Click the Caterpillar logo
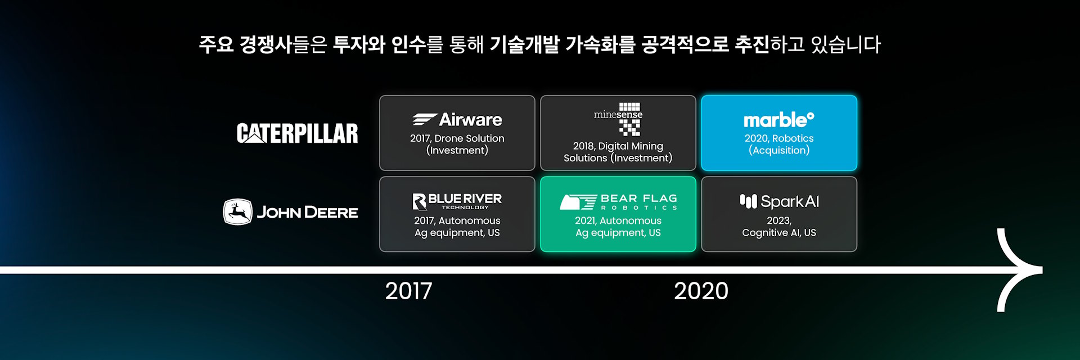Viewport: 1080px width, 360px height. (297, 133)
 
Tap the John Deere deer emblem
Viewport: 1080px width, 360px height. (237, 212)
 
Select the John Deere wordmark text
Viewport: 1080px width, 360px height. (307, 213)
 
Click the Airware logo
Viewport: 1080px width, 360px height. (457, 119)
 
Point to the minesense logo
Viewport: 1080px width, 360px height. (618, 119)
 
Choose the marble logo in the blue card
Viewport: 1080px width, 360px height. (779, 120)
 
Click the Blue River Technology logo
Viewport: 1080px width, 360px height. (457, 201)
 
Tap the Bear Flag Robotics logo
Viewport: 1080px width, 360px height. (618, 202)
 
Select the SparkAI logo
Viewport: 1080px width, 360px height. (779, 201)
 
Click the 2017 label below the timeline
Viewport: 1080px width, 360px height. (409, 291)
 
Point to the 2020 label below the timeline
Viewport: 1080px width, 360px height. (701, 291)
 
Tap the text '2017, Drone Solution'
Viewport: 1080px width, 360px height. (457, 138)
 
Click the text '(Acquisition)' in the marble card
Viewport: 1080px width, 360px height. (779, 150)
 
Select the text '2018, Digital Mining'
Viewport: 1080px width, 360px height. (618, 146)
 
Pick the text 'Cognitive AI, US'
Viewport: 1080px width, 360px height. (779, 233)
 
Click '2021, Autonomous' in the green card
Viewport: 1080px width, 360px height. (618, 220)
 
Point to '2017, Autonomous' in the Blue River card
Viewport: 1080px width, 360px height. (457, 220)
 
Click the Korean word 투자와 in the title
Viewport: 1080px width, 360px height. (359, 44)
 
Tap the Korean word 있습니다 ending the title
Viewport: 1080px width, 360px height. (845, 44)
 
